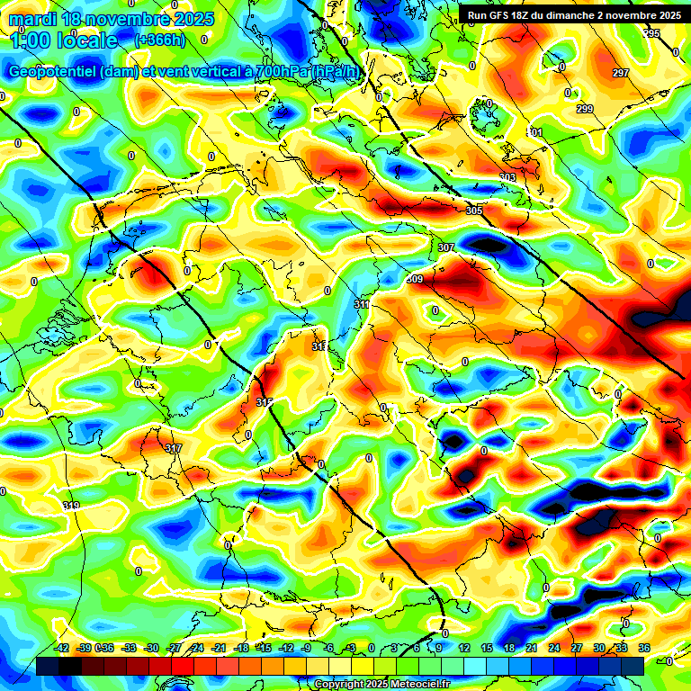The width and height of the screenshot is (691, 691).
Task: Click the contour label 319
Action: (71, 507)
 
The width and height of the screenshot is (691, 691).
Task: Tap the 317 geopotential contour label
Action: (174, 447)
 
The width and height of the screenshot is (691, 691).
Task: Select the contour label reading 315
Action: (264, 401)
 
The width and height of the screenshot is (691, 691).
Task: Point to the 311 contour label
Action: (362, 305)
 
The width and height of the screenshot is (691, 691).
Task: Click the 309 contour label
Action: (415, 279)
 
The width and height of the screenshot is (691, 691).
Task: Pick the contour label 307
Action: (446, 247)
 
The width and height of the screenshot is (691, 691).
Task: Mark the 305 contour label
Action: (474, 211)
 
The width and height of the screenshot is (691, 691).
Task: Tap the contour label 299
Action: (585, 109)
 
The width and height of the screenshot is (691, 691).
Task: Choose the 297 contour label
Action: (620, 73)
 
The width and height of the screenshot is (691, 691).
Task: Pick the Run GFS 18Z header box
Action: (571, 15)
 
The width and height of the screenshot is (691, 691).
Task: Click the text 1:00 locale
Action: (64, 40)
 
